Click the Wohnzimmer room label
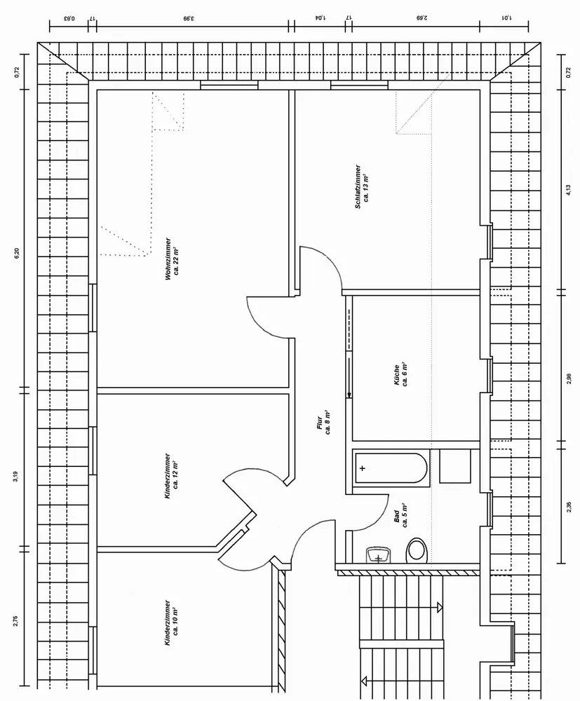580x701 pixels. pyautogui.click(x=172, y=259)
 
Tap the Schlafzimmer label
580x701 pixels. pyautogui.click(x=362, y=186)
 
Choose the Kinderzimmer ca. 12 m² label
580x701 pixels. pyautogui.click(x=171, y=475)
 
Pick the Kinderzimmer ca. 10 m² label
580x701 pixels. pyautogui.click(x=171, y=622)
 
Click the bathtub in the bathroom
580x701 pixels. pyautogui.click(x=391, y=468)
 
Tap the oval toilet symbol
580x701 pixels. pyautogui.click(x=417, y=550)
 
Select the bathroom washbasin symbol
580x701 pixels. pyautogui.click(x=379, y=555)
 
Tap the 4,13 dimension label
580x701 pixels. pyautogui.click(x=568, y=191)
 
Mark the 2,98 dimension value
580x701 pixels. pyautogui.click(x=568, y=379)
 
